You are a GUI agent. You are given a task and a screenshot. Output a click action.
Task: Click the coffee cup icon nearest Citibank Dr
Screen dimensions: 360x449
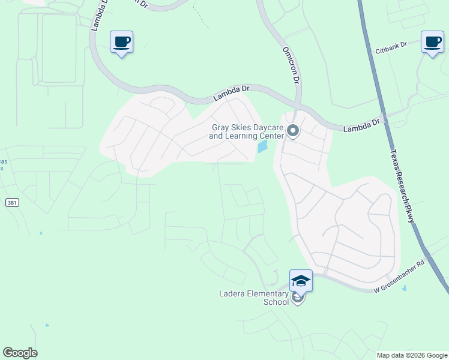(432, 42)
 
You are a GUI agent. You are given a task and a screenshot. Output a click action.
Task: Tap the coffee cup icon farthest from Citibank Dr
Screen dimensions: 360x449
(122, 42)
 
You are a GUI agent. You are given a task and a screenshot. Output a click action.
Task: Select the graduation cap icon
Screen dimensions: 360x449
(301, 280)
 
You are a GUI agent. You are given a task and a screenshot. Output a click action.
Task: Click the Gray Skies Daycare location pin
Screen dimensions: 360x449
(293, 130)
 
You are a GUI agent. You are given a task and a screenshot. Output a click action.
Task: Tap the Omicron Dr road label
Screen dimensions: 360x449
(290, 65)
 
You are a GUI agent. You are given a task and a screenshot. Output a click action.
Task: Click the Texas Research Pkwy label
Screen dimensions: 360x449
(402, 186)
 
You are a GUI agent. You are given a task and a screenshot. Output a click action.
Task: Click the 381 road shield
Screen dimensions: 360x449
(12, 203)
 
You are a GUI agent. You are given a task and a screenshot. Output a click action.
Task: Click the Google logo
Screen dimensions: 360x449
(20, 353)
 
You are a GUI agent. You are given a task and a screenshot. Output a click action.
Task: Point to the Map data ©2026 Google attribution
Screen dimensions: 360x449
(412, 355)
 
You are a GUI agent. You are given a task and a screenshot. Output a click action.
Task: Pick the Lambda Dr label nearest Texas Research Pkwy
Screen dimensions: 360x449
(361, 126)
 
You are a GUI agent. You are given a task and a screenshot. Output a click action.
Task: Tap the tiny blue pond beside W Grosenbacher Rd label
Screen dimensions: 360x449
(404, 289)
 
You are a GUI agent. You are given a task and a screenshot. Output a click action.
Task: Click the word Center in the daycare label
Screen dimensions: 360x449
(271, 136)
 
